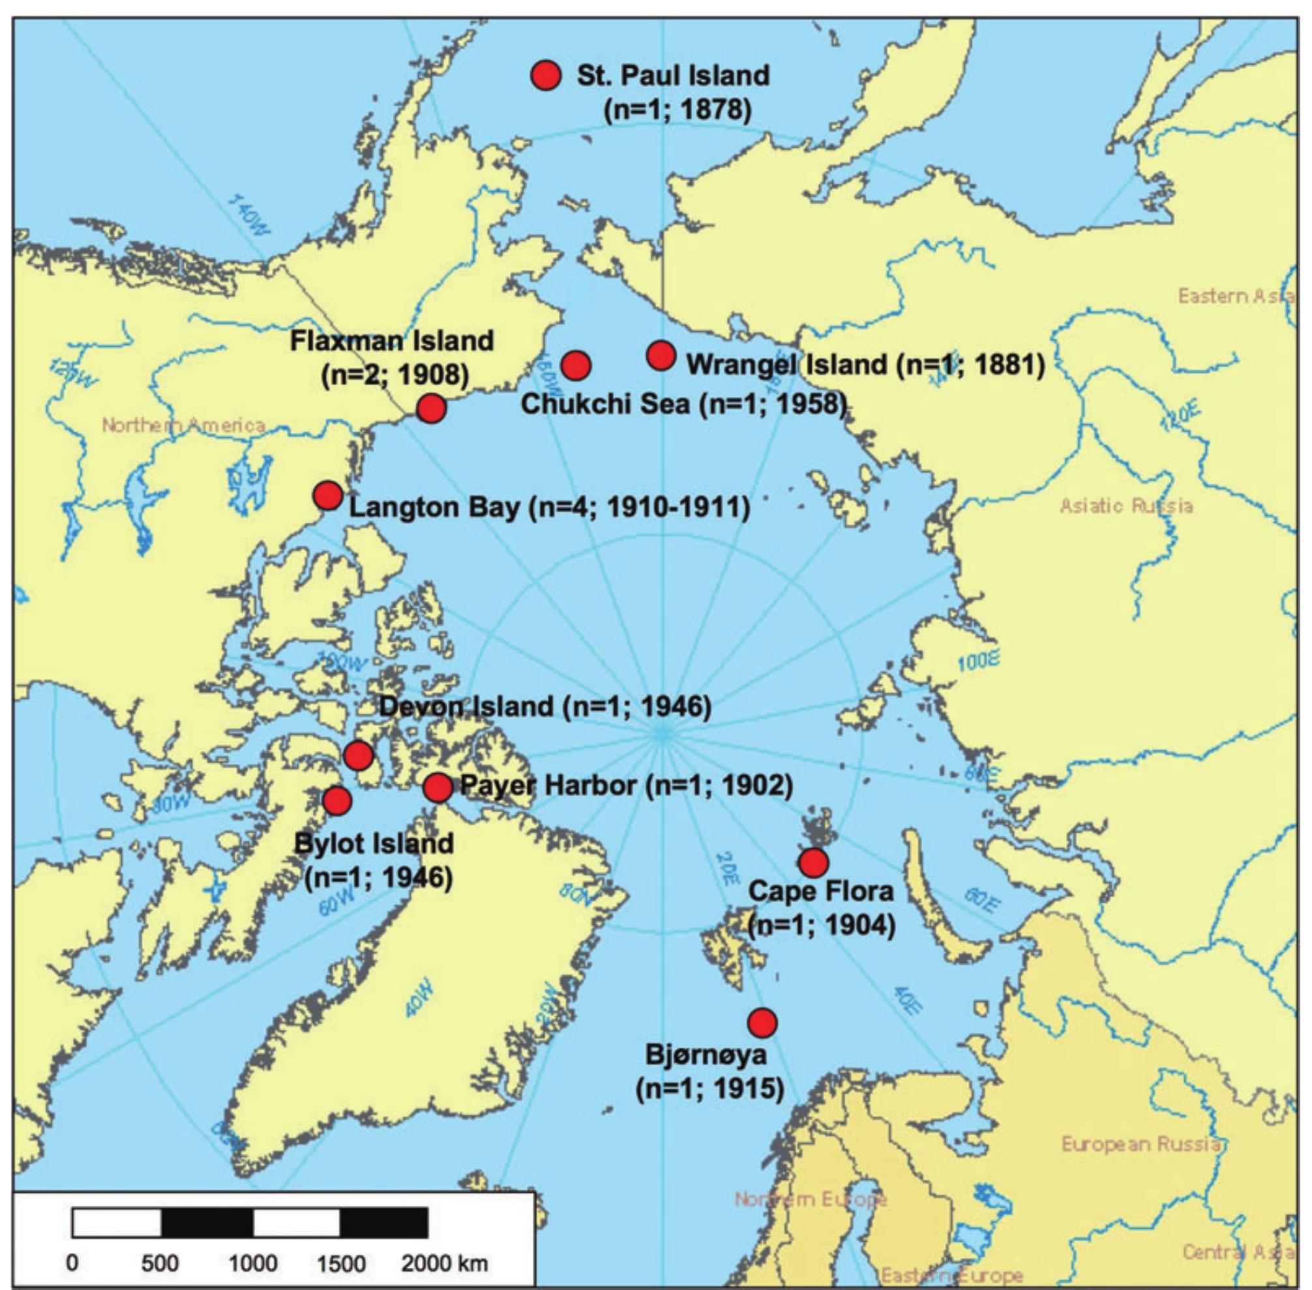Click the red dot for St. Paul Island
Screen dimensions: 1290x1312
click(x=546, y=75)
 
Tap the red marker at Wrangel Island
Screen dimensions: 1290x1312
click(x=661, y=355)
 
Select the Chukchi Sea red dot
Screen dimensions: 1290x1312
click(x=576, y=365)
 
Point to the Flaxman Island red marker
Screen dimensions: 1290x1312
click(x=431, y=409)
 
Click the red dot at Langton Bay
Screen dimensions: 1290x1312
click(x=328, y=496)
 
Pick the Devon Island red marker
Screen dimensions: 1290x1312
click(x=359, y=755)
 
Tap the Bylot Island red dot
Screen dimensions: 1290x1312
click(x=338, y=801)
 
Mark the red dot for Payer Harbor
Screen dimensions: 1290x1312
click(x=438, y=787)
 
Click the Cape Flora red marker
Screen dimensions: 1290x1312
click(x=813, y=862)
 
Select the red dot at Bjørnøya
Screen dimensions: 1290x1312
click(x=762, y=1022)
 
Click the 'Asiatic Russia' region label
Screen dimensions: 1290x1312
click(x=1126, y=506)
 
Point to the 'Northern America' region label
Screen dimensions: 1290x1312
click(x=184, y=426)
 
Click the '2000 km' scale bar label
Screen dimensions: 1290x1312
click(x=444, y=1263)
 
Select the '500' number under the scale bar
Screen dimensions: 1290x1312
click(x=160, y=1263)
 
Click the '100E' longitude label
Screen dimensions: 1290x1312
click(x=979, y=662)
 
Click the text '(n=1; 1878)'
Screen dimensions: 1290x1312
click(x=678, y=110)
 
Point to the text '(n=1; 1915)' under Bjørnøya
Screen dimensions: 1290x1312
click(x=709, y=1089)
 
